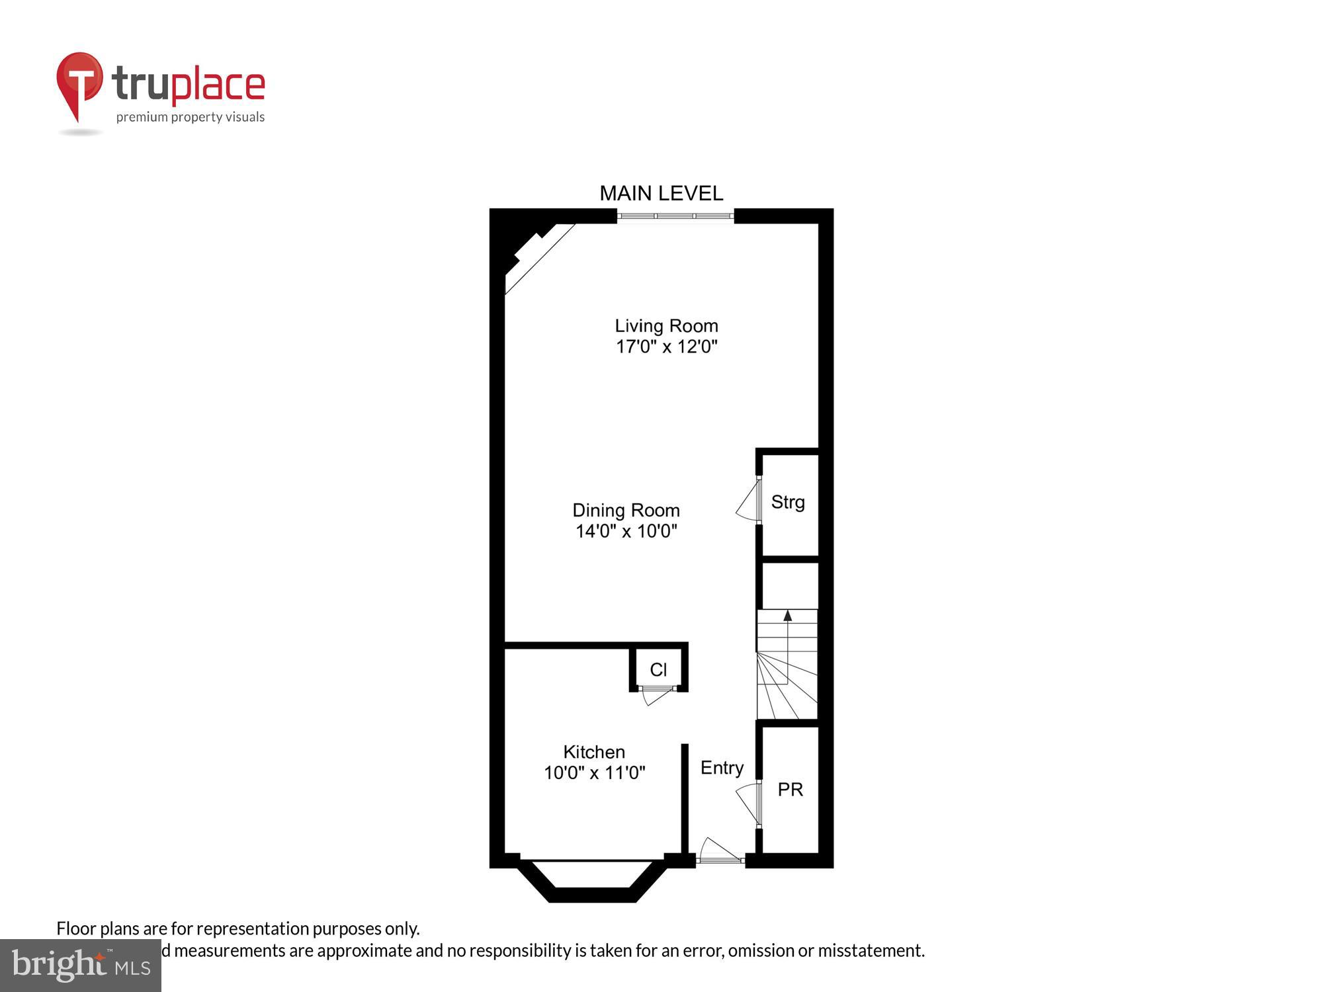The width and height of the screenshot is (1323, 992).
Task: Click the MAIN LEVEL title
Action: point(661,193)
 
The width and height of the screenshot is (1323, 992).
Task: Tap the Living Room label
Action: point(666,325)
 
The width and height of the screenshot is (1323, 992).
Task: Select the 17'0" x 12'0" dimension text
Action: point(666,347)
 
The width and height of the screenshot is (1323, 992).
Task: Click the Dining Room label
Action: point(626,510)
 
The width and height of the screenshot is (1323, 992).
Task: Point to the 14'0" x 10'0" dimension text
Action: point(626,531)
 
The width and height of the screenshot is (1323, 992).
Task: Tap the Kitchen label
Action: point(594,752)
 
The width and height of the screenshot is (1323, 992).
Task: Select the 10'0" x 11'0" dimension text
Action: point(594,773)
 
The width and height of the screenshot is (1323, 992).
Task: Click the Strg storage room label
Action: point(788,502)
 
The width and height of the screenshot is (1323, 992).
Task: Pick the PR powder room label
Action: point(790,790)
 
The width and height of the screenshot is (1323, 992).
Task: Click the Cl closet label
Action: point(658,670)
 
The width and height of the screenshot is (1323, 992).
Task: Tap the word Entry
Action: point(722,768)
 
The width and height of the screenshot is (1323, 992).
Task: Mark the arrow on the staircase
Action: point(787,616)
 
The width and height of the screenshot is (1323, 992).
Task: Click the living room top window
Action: point(675,216)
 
